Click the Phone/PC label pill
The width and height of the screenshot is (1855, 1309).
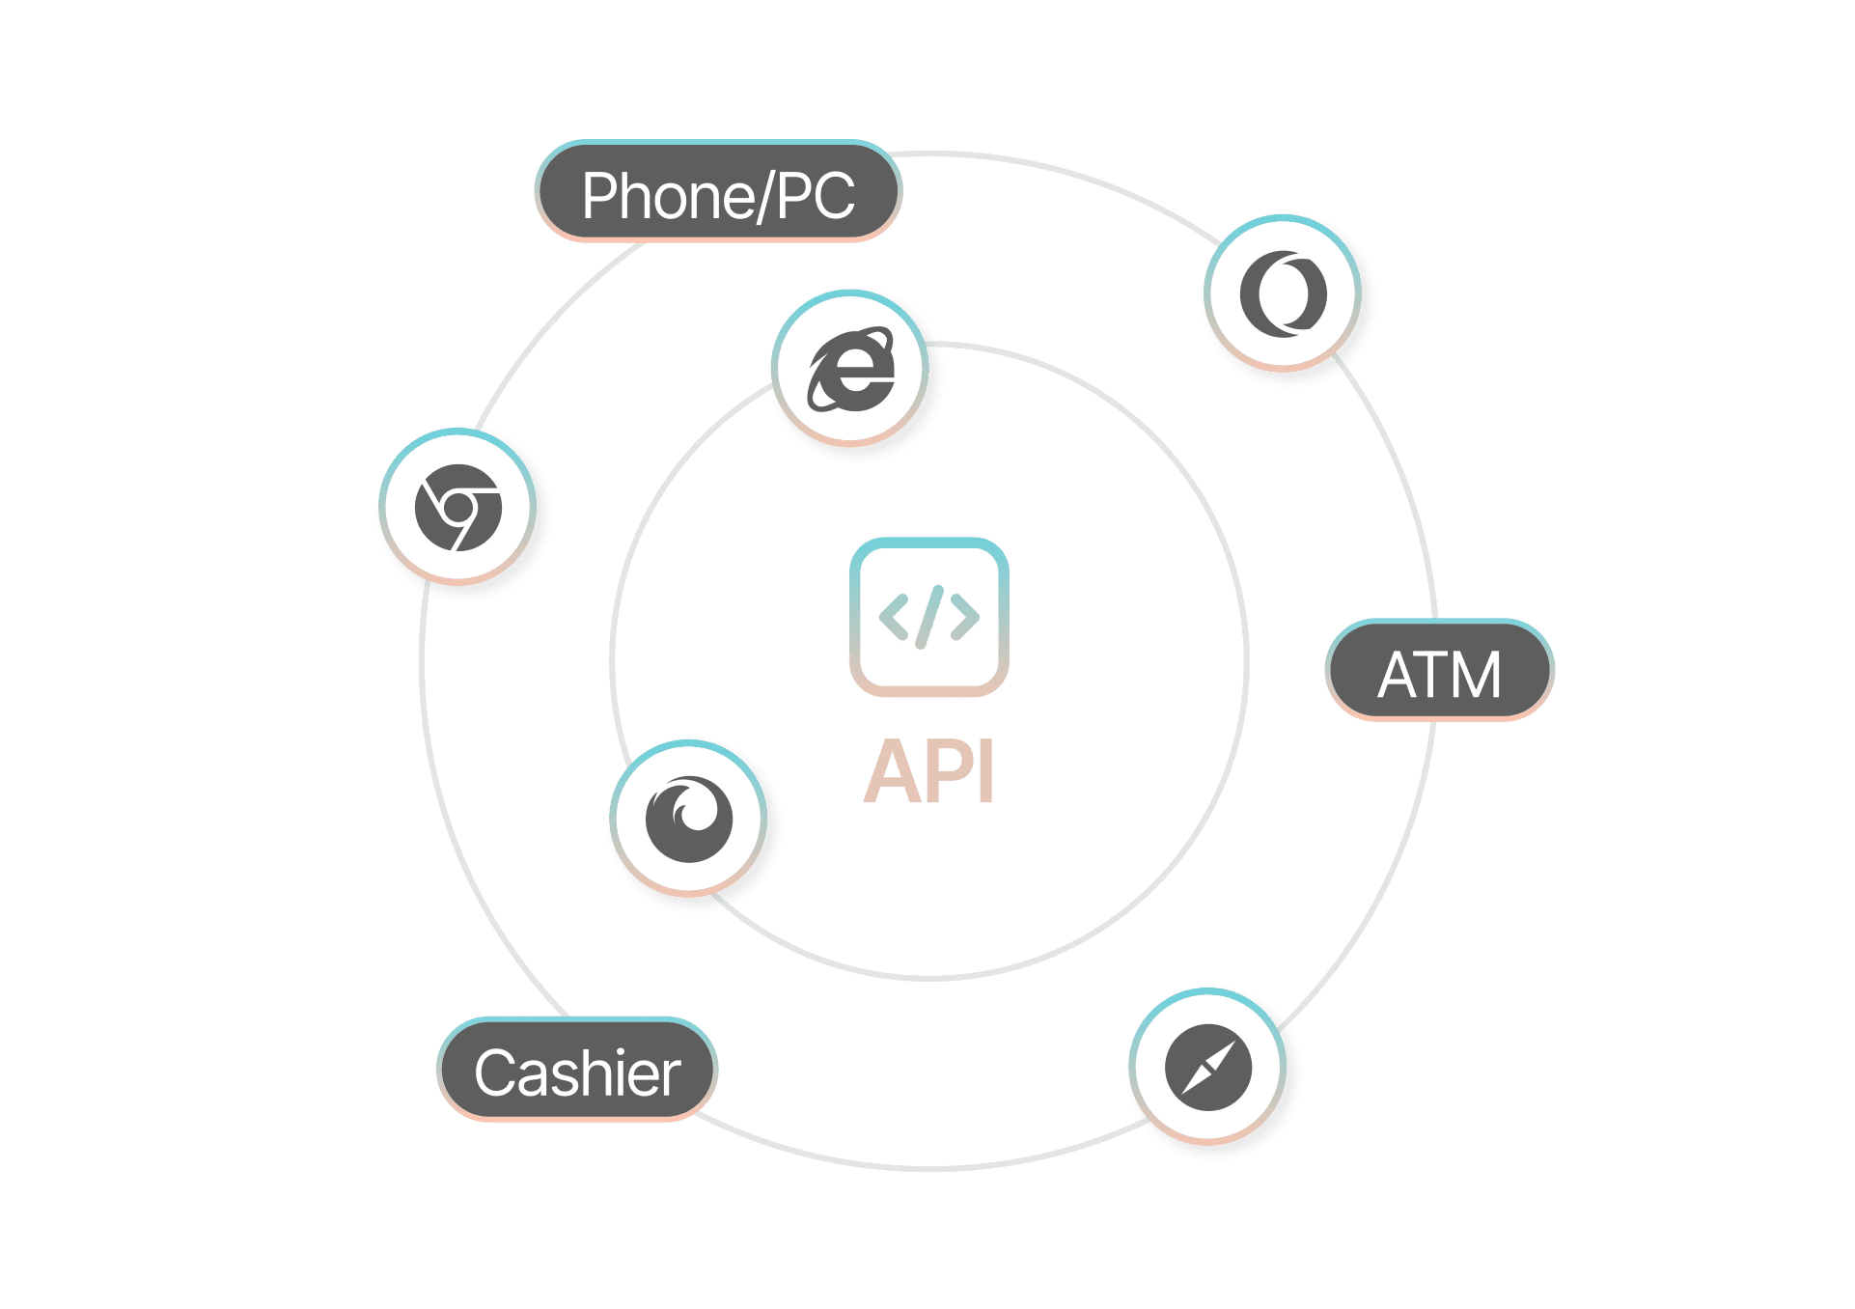718,192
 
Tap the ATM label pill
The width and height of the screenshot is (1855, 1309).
1439,671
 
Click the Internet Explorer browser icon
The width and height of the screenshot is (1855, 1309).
850,369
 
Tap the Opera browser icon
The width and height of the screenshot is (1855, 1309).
1283,293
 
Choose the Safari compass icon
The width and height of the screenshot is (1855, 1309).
1207,1067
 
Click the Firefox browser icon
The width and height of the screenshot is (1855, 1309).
689,819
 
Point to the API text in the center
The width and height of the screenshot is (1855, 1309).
928,772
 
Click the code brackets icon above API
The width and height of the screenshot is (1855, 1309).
928,617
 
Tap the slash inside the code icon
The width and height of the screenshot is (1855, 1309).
929,617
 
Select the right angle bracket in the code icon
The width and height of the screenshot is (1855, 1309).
964,617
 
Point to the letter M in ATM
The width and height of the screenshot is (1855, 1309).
1474,675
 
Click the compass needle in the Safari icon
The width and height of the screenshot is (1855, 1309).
1207,1068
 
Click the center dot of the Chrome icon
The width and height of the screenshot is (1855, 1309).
461,507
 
